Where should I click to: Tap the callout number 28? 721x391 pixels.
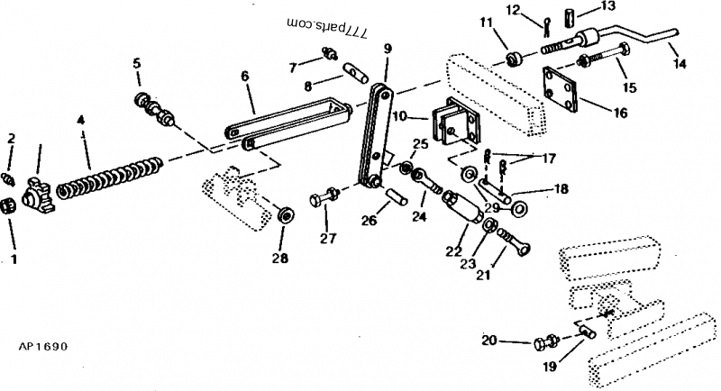[x=280, y=259]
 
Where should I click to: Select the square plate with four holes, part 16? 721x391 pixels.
[x=560, y=89]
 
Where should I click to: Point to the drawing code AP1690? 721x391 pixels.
[x=42, y=346]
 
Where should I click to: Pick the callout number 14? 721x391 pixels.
[x=680, y=63]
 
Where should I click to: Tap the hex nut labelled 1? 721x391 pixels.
[x=8, y=206]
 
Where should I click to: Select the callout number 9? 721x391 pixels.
[x=388, y=49]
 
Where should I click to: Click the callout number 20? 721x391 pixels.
[x=489, y=341]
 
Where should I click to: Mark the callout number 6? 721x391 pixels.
[x=244, y=76]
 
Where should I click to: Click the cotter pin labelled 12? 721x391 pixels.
[x=546, y=27]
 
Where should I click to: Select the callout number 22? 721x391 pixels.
[x=453, y=251]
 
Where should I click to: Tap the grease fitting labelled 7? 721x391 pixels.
[x=329, y=53]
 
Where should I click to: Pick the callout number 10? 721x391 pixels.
[x=400, y=116]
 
